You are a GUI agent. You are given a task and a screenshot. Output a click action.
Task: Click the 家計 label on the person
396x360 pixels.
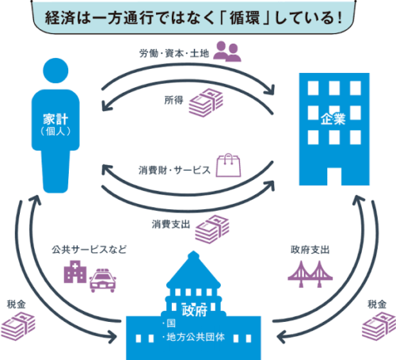point(55,119)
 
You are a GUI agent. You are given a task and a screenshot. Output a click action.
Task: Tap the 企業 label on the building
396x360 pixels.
point(333,119)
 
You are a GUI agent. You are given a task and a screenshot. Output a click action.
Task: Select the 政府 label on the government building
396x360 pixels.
point(195,310)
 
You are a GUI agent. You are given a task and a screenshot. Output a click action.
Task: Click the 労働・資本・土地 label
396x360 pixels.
point(174,54)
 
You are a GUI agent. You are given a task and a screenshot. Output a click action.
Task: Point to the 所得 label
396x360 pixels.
point(173,100)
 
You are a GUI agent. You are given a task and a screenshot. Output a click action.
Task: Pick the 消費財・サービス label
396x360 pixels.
point(174,170)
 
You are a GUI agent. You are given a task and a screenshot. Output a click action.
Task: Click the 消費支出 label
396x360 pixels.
point(171,224)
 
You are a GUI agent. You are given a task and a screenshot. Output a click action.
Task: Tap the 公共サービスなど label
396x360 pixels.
point(89,250)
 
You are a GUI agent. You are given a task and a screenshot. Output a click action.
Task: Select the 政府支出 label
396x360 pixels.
point(310,250)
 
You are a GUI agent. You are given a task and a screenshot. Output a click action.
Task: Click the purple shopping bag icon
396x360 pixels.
point(228,165)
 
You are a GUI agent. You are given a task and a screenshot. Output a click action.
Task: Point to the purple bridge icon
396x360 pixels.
point(310,274)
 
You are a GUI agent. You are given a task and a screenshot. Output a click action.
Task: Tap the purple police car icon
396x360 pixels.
point(103,281)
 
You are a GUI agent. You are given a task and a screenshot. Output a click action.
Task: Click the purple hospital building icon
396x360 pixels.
point(75,272)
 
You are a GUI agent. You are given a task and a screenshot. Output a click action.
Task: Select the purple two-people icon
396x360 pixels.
point(227,52)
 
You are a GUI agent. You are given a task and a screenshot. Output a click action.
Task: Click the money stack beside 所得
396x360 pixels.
point(206,103)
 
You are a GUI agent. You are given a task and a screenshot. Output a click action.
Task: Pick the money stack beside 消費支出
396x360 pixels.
point(212,229)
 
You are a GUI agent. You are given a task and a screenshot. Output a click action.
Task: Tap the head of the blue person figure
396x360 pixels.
point(55,71)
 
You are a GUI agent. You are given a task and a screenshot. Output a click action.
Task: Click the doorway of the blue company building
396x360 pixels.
point(334,176)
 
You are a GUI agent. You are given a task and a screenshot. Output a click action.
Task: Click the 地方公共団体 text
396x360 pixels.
point(196,337)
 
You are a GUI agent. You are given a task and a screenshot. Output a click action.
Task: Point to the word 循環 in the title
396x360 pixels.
point(245,18)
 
